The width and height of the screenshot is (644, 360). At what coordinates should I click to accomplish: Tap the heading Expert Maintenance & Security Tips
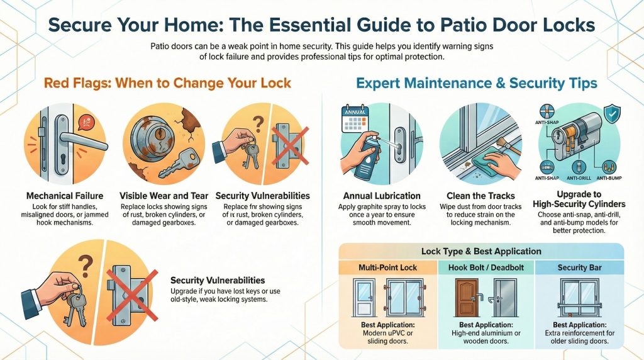point(476,83)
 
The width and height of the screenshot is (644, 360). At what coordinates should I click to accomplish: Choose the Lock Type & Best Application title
point(481,251)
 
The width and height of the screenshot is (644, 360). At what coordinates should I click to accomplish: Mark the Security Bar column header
point(579,267)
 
